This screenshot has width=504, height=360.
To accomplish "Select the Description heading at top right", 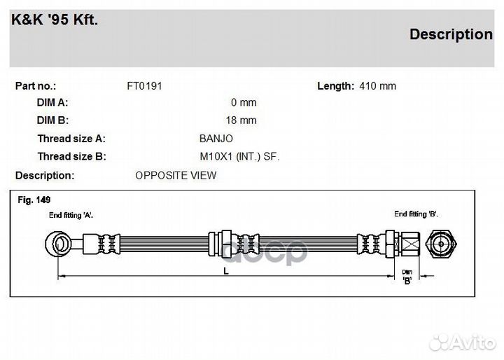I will (x=450, y=34).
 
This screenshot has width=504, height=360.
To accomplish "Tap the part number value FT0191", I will (x=144, y=85).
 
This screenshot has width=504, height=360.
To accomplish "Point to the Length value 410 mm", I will (x=377, y=85).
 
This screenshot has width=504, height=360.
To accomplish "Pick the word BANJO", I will (x=216, y=139).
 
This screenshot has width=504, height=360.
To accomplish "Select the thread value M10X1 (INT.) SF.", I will (x=239, y=157).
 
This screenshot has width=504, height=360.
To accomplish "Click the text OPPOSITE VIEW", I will (x=176, y=175).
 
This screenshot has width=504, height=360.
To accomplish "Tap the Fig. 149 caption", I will (x=34, y=200).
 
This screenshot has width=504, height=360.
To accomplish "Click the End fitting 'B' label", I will (x=415, y=213).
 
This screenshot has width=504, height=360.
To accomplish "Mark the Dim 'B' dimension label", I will (x=407, y=276).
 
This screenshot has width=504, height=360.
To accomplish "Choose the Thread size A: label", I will (x=71, y=139).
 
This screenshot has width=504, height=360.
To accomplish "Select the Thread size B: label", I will (x=71, y=157).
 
